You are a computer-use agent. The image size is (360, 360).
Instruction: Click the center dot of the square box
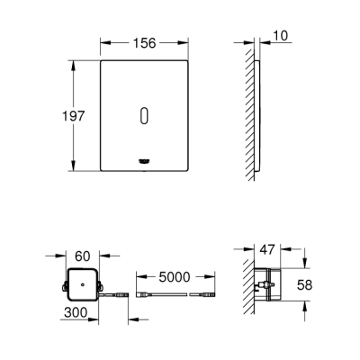83,285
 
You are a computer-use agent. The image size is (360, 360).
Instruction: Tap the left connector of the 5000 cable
143,296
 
